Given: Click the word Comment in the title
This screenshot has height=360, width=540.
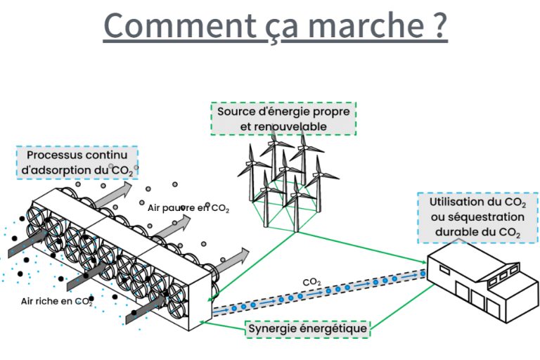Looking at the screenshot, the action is click(x=179, y=25).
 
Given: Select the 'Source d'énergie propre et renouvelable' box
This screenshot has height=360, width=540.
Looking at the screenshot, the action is click(x=283, y=119).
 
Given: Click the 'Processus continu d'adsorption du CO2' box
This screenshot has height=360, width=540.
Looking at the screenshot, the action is click(x=77, y=162).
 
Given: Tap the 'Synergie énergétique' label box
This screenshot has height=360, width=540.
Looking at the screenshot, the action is click(x=307, y=328).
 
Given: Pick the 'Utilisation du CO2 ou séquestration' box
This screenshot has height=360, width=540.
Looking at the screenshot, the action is click(x=478, y=218).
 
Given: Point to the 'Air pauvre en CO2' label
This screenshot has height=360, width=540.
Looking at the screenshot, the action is click(x=188, y=208).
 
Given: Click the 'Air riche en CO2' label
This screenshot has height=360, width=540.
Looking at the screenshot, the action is click(x=57, y=302).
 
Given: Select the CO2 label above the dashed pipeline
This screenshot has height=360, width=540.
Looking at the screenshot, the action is click(x=311, y=283).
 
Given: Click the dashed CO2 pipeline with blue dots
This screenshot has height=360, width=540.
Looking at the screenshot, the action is click(x=319, y=291).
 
